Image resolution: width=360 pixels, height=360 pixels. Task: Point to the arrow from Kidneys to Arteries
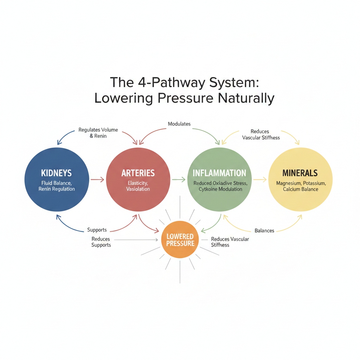pos(97,180)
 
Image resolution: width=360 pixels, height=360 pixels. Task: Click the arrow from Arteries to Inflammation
pos(178,180)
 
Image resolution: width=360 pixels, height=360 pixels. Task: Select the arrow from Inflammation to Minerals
pos(260,180)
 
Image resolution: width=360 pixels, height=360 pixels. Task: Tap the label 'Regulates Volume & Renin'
pos(98,133)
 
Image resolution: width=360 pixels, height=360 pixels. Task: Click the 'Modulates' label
pos(179,124)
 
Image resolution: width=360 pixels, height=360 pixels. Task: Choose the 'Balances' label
pos(264,231)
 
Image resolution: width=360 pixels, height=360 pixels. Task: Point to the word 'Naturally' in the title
pos(246,98)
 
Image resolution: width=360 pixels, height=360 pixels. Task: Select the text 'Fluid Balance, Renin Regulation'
pos(57,186)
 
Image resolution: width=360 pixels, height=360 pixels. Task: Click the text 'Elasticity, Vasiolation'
pos(138,186)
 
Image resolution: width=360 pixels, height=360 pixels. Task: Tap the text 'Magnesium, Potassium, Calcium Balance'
pos(301,186)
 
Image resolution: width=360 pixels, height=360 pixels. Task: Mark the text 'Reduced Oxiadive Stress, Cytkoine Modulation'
pos(220,186)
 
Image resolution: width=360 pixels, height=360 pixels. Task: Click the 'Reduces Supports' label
pos(101,242)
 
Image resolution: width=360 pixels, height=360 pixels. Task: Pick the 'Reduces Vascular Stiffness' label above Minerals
pos(261,135)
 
